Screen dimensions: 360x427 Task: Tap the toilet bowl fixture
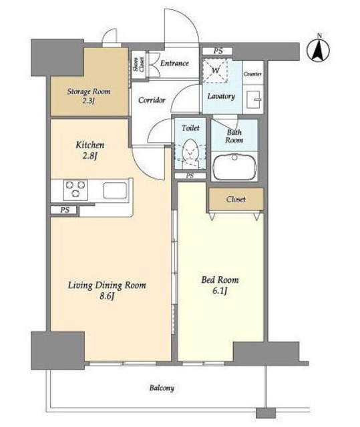pos(190,151)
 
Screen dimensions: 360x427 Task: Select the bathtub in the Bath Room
pos(234,167)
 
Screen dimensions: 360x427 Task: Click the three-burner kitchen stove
pos(75,189)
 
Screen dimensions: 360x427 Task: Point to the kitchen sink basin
pos(115,190)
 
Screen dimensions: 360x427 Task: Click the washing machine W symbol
pos(215,71)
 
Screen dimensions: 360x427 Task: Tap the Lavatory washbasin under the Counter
pos(253,99)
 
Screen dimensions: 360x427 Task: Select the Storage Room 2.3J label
pos(89,96)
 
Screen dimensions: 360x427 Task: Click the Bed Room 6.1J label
pos(220,285)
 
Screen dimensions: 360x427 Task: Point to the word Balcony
pos(162,388)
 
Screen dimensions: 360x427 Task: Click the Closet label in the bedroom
pos(236,199)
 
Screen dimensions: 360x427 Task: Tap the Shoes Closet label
pos(138,65)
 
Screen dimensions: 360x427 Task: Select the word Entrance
pos(174,63)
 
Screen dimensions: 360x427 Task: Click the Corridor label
pos(152,100)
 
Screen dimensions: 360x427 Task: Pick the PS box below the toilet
pos(190,176)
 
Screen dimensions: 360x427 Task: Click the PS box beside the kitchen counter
pos(65,210)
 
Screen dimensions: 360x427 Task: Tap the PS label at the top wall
pos(218,51)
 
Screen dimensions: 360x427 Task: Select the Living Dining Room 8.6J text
pos(107,290)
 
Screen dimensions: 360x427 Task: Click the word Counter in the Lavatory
pos(252,74)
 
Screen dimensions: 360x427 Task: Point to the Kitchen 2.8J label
pos(90,150)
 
